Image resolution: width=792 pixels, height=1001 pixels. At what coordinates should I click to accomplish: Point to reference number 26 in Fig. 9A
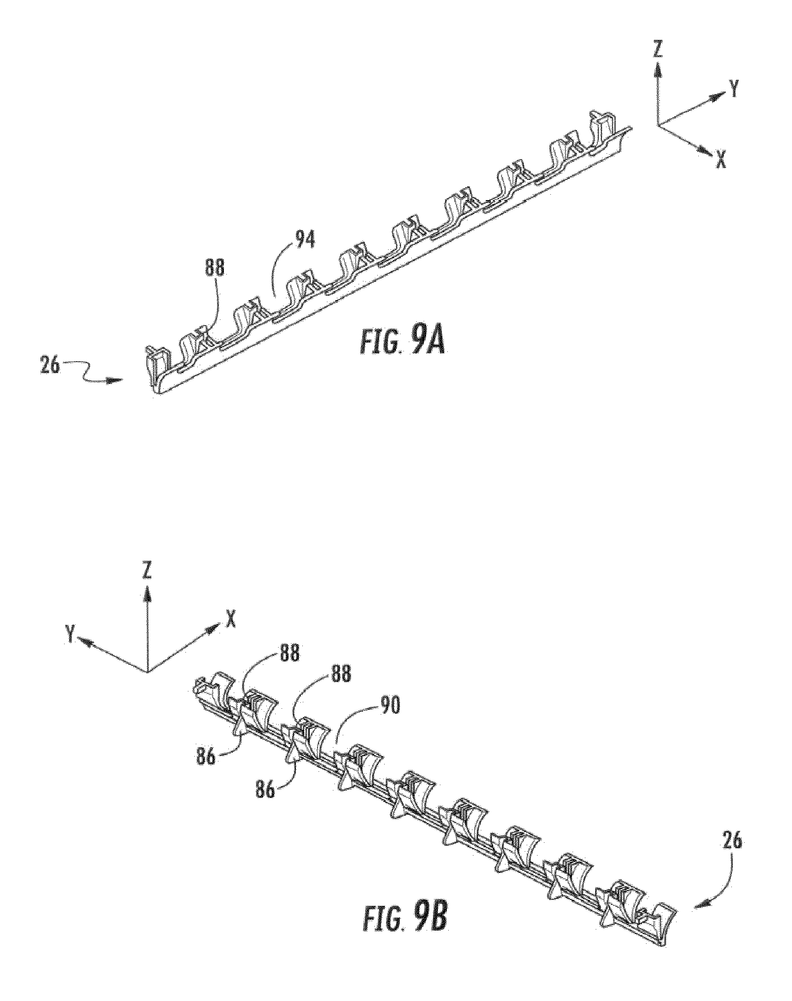50,367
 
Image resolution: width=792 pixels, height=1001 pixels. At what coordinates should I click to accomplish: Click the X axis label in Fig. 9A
720,160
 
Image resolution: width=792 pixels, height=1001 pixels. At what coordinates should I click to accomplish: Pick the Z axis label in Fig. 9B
146,572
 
